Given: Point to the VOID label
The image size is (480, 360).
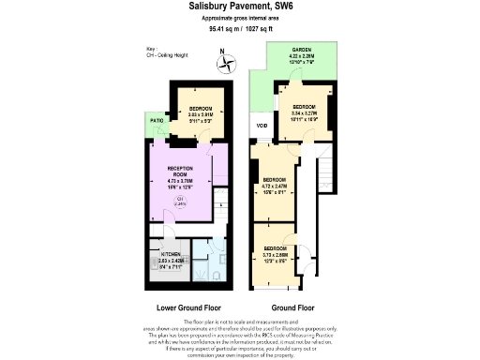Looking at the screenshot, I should (x=262, y=127).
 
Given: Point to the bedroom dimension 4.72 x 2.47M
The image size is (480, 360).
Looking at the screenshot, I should (x=275, y=186).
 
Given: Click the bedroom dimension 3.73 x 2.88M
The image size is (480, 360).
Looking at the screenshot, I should (x=275, y=254).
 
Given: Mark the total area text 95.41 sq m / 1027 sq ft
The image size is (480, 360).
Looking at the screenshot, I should (x=240, y=30).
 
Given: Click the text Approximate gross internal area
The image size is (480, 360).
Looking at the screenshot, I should (x=240, y=19).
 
